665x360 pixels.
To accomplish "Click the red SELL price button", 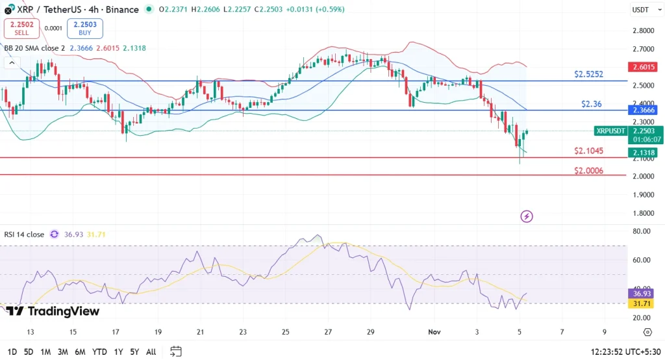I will (x=22, y=28).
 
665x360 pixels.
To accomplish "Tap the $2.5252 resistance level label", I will (x=588, y=75).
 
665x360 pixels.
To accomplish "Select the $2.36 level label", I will (x=592, y=103).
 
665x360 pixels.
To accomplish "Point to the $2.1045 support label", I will (x=588, y=151).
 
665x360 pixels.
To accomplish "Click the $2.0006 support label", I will (x=588, y=170).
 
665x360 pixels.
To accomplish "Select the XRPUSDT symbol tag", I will (x=610, y=131).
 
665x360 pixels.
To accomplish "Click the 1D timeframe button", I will (x=11, y=352).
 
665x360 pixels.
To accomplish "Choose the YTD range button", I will (x=99, y=352).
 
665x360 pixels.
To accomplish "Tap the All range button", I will (x=151, y=352).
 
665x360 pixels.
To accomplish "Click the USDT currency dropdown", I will (x=644, y=10).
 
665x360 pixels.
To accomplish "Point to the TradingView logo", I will (x=53, y=311).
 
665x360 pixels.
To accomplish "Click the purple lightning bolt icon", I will (x=527, y=216).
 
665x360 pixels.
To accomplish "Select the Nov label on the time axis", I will (x=434, y=331).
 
